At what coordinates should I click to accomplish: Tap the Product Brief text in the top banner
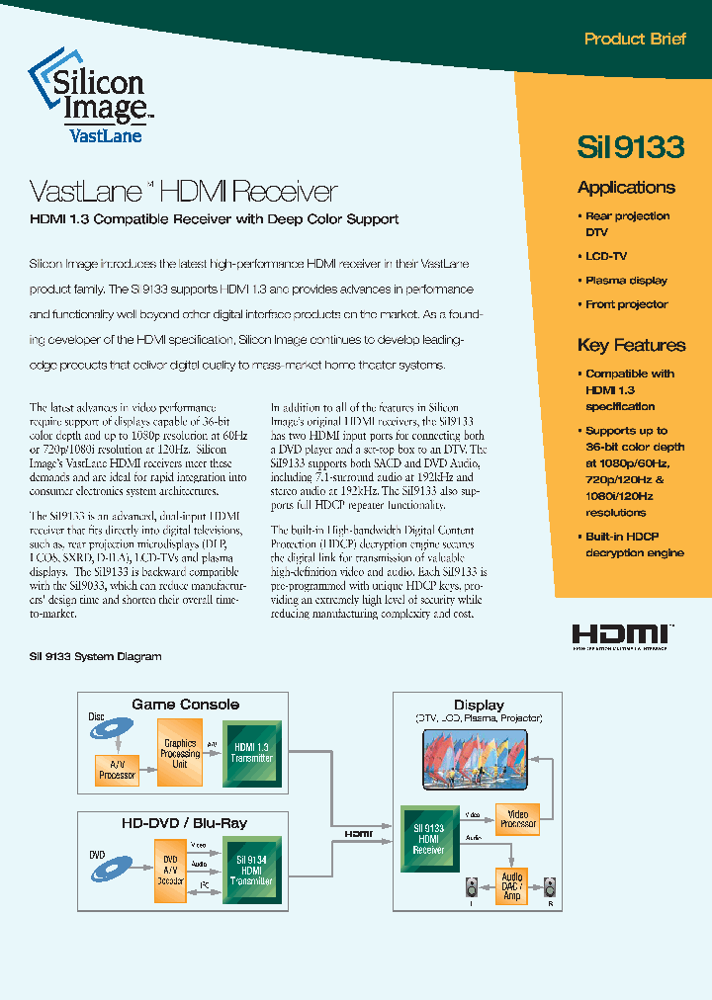click(634, 40)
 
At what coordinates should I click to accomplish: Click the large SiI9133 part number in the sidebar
click(630, 146)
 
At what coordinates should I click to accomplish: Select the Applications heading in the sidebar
click(626, 188)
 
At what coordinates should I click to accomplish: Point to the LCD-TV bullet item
click(606, 256)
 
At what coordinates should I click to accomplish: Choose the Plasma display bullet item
click(626, 281)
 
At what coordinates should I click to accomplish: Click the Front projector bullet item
click(626, 304)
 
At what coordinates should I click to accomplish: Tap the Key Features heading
click(631, 346)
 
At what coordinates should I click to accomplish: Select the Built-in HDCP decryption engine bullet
click(634, 544)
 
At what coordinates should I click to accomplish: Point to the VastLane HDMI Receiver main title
click(184, 191)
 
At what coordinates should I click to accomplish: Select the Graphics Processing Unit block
click(179, 753)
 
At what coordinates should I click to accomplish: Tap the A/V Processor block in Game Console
click(117, 770)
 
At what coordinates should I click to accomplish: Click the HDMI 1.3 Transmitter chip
click(251, 752)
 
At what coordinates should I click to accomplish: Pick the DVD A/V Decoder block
click(169, 871)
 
